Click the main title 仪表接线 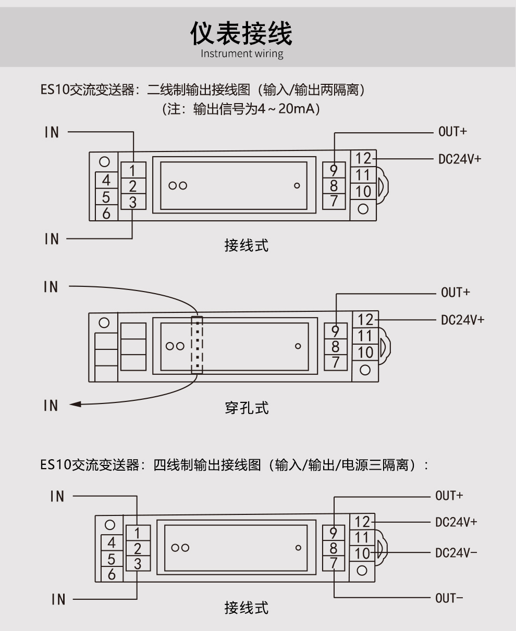tap(241, 33)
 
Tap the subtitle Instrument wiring tap(242, 54)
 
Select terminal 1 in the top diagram tap(133, 170)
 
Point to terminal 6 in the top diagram tap(106, 212)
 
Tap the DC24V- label tap(456, 552)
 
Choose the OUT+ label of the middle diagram tap(455, 293)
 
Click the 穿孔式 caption tap(247, 408)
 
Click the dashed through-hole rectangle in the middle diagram tap(196, 344)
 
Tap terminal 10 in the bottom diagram tap(363, 553)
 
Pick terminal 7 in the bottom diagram tap(334, 563)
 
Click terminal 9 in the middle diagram tap(336, 331)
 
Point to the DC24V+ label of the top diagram tap(459, 159)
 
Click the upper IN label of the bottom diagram tap(57, 497)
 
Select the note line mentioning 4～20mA tap(241, 110)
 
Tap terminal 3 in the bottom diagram tap(137, 563)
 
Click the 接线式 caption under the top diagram tap(247, 245)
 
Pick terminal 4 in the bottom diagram tap(111, 542)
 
